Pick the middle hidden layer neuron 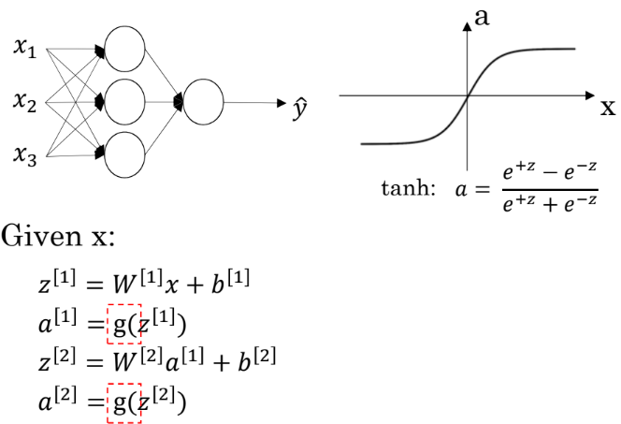pyautogui.click(x=125, y=101)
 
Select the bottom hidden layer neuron pyautogui.click(x=125, y=154)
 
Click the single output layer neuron pyautogui.click(x=204, y=101)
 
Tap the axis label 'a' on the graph pyautogui.click(x=484, y=16)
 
